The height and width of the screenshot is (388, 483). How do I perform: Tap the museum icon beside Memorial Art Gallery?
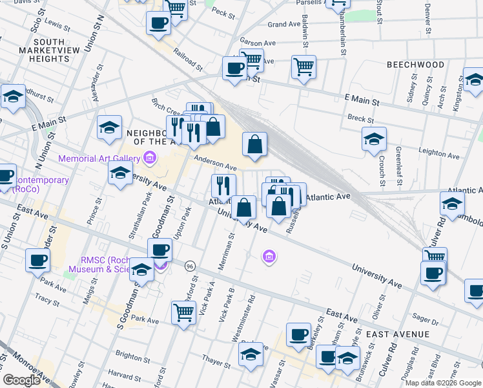(150, 157)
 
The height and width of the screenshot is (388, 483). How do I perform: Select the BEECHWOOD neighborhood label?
(415, 65)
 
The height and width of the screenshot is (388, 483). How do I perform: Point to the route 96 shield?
(190, 266)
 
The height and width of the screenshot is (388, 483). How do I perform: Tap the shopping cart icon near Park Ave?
(184, 313)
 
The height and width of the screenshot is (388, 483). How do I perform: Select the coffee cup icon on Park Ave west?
(38, 261)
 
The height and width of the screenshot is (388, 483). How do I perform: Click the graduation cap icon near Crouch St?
(374, 138)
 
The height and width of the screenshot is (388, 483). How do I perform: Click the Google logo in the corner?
(22, 380)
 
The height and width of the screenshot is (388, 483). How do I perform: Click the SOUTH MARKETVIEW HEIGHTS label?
(45, 50)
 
